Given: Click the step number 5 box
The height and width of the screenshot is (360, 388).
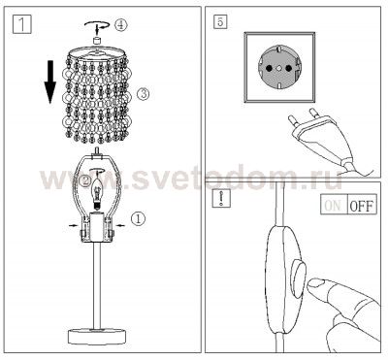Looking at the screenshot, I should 222,21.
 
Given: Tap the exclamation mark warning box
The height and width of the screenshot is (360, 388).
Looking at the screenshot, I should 222,205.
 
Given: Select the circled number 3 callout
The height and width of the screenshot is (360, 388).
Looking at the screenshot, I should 143,94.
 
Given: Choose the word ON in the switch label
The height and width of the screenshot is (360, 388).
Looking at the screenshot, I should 332,206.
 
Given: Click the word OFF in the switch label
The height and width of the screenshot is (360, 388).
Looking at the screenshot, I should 360,206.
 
